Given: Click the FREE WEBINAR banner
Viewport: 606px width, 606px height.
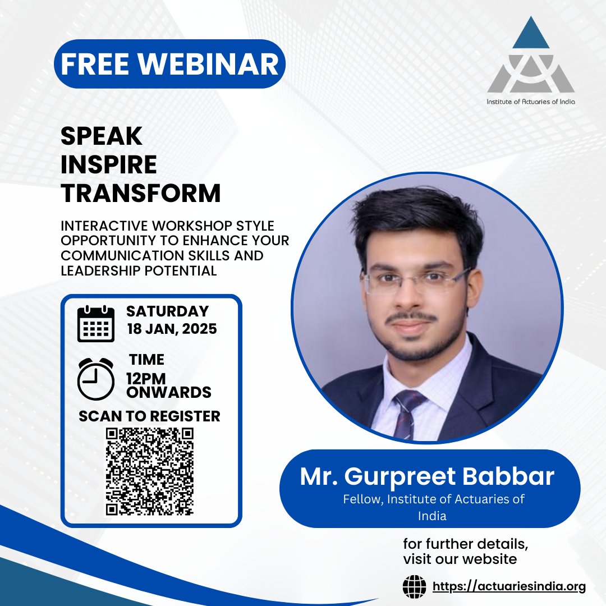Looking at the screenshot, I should pyautogui.click(x=169, y=64).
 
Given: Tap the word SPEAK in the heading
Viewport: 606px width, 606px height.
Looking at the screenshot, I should pyautogui.click(x=102, y=136).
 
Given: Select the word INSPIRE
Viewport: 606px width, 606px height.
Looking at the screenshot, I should pyautogui.click(x=109, y=164).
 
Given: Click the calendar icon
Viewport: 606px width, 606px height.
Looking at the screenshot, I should pyautogui.click(x=96, y=324).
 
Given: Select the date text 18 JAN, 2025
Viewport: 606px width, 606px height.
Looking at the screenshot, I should pyautogui.click(x=172, y=329).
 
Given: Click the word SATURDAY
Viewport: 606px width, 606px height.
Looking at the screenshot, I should pyautogui.click(x=167, y=311).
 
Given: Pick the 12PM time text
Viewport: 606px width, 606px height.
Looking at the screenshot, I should pyautogui.click(x=146, y=379).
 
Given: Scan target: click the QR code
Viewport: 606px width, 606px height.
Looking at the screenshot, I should pyautogui.click(x=150, y=471).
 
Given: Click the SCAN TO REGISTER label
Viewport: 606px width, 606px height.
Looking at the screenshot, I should pyautogui.click(x=149, y=416).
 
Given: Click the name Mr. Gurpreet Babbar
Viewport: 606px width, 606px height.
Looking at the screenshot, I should pyautogui.click(x=427, y=476).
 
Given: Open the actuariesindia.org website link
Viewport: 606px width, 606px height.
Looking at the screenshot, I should pyautogui.click(x=509, y=587).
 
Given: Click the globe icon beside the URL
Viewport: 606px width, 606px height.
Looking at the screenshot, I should pyautogui.click(x=415, y=587).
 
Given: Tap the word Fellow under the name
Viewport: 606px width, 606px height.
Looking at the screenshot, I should pyautogui.click(x=360, y=499).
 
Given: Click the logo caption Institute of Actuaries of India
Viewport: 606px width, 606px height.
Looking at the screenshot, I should pyautogui.click(x=531, y=102).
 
